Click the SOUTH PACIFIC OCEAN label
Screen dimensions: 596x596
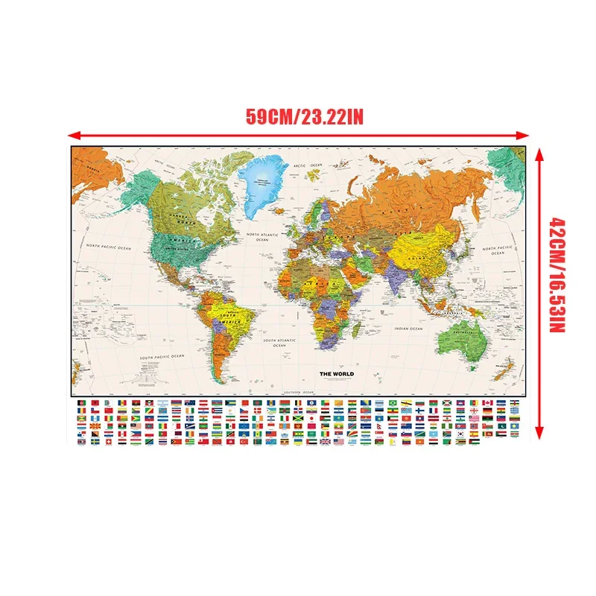tap(162, 358)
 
